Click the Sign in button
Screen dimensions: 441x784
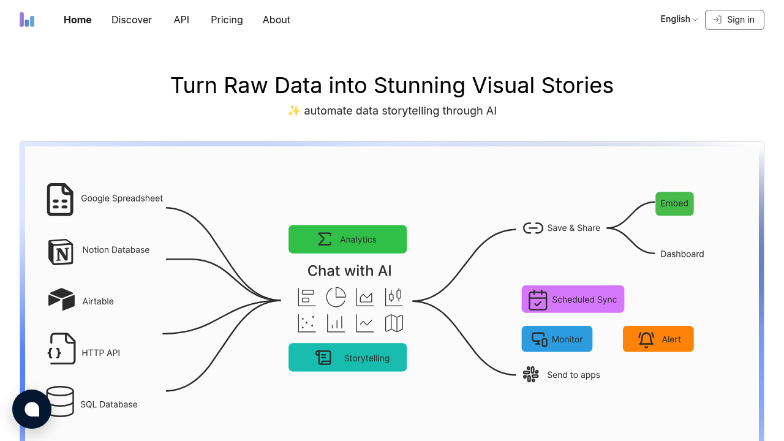coord(734,20)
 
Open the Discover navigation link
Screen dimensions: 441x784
coord(132,20)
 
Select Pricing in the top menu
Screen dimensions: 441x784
coord(227,20)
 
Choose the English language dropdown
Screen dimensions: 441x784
coord(679,19)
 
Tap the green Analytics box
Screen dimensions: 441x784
coord(347,239)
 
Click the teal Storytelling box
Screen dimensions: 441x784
coord(347,358)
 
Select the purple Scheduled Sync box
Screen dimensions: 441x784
coord(573,300)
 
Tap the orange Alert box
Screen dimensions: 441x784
coord(658,339)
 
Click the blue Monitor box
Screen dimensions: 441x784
coord(557,339)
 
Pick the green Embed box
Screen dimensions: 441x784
coord(674,203)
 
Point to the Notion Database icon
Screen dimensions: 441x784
coord(61,251)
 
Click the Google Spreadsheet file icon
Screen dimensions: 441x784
coord(60,200)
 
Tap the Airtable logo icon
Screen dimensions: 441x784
coord(61,300)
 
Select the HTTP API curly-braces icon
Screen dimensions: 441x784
coord(61,349)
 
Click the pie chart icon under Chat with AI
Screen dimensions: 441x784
coord(336,297)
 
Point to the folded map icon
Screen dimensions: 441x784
coord(394,323)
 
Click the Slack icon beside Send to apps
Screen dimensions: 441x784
coord(530,374)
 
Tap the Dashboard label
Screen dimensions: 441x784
coord(682,254)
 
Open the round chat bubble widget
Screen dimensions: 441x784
coord(32,409)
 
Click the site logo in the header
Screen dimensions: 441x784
coord(27,20)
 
